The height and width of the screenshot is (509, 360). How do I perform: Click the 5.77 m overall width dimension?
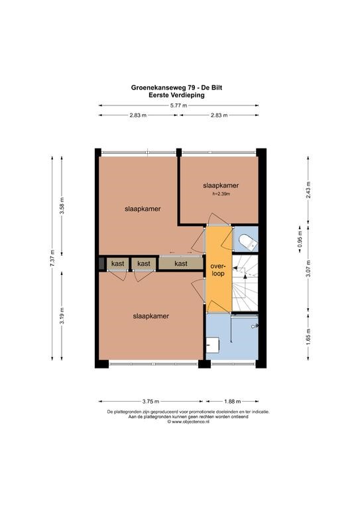(179, 105)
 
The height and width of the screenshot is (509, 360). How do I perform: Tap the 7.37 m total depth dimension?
(52, 258)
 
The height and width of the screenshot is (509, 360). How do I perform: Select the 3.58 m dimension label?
(62, 206)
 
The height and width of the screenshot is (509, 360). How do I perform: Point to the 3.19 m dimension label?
(62, 315)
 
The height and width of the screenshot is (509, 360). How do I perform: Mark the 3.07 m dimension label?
(308, 268)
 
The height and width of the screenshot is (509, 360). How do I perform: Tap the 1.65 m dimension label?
(308, 337)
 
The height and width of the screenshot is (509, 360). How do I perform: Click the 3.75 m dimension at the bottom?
(150, 401)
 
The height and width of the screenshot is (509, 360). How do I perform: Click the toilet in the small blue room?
(248, 242)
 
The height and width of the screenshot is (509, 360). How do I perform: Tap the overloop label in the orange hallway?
(218, 270)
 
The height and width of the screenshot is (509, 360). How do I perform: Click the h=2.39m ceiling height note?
(221, 194)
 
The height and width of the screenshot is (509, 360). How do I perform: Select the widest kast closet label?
(181, 264)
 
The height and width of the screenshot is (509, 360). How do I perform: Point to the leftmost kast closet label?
(117, 264)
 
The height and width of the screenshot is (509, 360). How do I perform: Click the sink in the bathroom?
(213, 345)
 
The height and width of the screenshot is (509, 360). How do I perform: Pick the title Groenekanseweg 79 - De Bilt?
(176, 87)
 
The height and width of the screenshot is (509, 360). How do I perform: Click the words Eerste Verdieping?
(176, 95)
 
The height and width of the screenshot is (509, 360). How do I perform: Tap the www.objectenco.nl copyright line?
(188, 422)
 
